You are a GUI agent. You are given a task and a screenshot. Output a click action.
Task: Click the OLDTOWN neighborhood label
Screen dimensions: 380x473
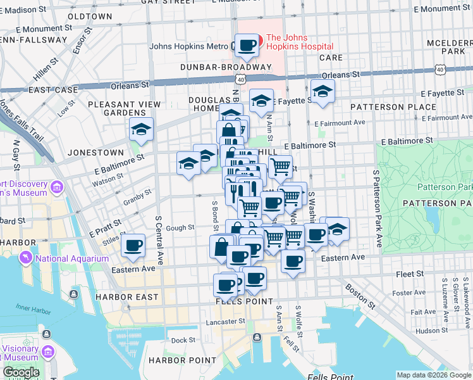pos(90,16)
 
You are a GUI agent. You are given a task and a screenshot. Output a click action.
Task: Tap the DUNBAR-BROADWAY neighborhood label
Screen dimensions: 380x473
pos(226,67)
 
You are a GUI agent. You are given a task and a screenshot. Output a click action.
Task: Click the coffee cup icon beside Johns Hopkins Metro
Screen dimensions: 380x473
pos(247,46)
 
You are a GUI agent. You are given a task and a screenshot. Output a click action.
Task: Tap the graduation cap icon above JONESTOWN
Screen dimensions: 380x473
pos(141,130)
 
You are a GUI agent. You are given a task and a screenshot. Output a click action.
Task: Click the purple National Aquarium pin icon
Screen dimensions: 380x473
pos(26,258)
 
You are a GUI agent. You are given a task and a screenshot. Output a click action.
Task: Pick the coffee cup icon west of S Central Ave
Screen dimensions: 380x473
pos(133,246)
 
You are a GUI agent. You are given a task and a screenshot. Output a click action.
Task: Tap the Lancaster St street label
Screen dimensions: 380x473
pos(225,322)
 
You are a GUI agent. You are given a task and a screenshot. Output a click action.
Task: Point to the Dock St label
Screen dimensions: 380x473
pos(183,340)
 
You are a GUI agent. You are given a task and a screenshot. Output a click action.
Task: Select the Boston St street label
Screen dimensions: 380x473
pos(359,296)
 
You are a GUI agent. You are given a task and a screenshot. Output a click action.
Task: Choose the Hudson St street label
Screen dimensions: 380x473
pos(432,330)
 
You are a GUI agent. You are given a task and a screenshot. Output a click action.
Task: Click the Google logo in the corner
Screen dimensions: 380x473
pos(21,372)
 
